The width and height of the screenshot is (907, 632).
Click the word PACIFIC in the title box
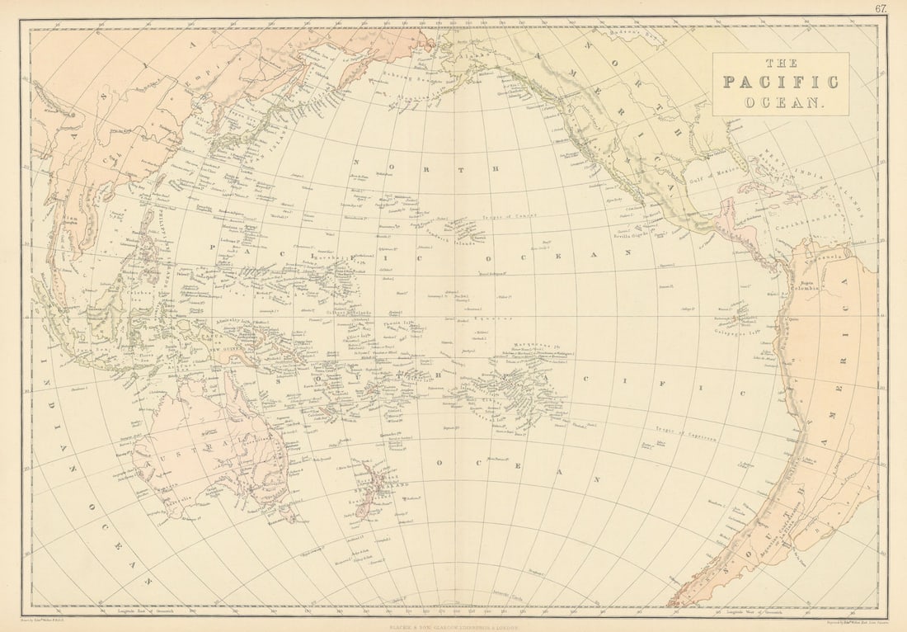pos(780,82)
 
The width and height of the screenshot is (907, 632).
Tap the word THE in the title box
pos(780,63)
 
